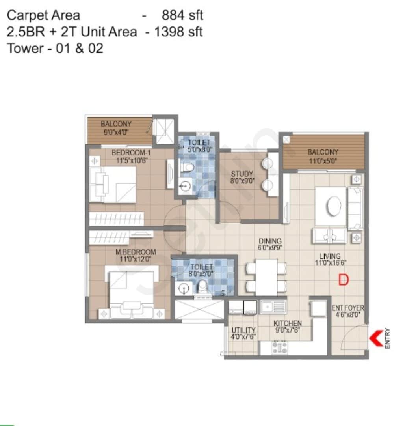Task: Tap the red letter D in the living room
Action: point(344,280)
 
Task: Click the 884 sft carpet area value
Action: point(182,16)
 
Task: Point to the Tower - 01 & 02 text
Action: point(55,48)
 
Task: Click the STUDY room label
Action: point(242,174)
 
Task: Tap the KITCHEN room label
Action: point(288,323)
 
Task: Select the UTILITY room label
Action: point(243,330)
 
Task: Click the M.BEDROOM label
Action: point(136,252)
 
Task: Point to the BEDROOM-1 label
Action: point(131,153)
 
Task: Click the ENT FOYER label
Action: point(348,308)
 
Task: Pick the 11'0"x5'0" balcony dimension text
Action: point(323,161)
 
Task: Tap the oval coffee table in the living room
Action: point(334,206)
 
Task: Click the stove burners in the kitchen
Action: point(279,347)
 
